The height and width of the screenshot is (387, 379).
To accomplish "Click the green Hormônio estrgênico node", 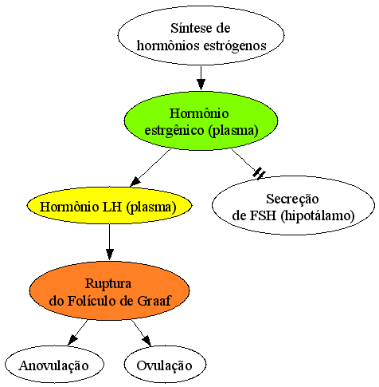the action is pos(201,120).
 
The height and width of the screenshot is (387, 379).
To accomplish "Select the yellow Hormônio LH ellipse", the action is pos(109,205).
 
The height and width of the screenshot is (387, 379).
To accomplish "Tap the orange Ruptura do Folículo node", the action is pos(109,290).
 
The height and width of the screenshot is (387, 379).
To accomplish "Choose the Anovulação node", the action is pos(54,365).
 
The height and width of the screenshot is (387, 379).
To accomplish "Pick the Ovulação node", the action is pos(165,365).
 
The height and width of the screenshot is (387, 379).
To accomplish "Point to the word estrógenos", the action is pos(235,46).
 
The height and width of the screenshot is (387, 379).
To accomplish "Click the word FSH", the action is pos(264,215).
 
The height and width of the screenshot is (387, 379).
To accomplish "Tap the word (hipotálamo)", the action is pos(318,215).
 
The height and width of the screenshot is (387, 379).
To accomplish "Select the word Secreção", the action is pos(292,199).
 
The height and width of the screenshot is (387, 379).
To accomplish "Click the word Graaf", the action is pos(154,301).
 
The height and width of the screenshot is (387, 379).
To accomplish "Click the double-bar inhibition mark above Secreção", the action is pos(259,173).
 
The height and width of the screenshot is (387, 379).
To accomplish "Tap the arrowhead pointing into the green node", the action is pos(201,85).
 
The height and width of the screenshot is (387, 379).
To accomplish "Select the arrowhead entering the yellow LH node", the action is pos(135,181).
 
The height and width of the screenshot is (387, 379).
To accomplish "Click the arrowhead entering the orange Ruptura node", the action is pos(109,255).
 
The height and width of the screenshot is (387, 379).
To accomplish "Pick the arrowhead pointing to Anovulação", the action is pos(72,340).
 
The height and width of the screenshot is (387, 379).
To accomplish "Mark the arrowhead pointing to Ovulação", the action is pos(147,341).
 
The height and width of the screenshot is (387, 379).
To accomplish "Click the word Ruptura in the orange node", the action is pos(108,283).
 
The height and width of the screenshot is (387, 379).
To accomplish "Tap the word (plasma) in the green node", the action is pos(233,131).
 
